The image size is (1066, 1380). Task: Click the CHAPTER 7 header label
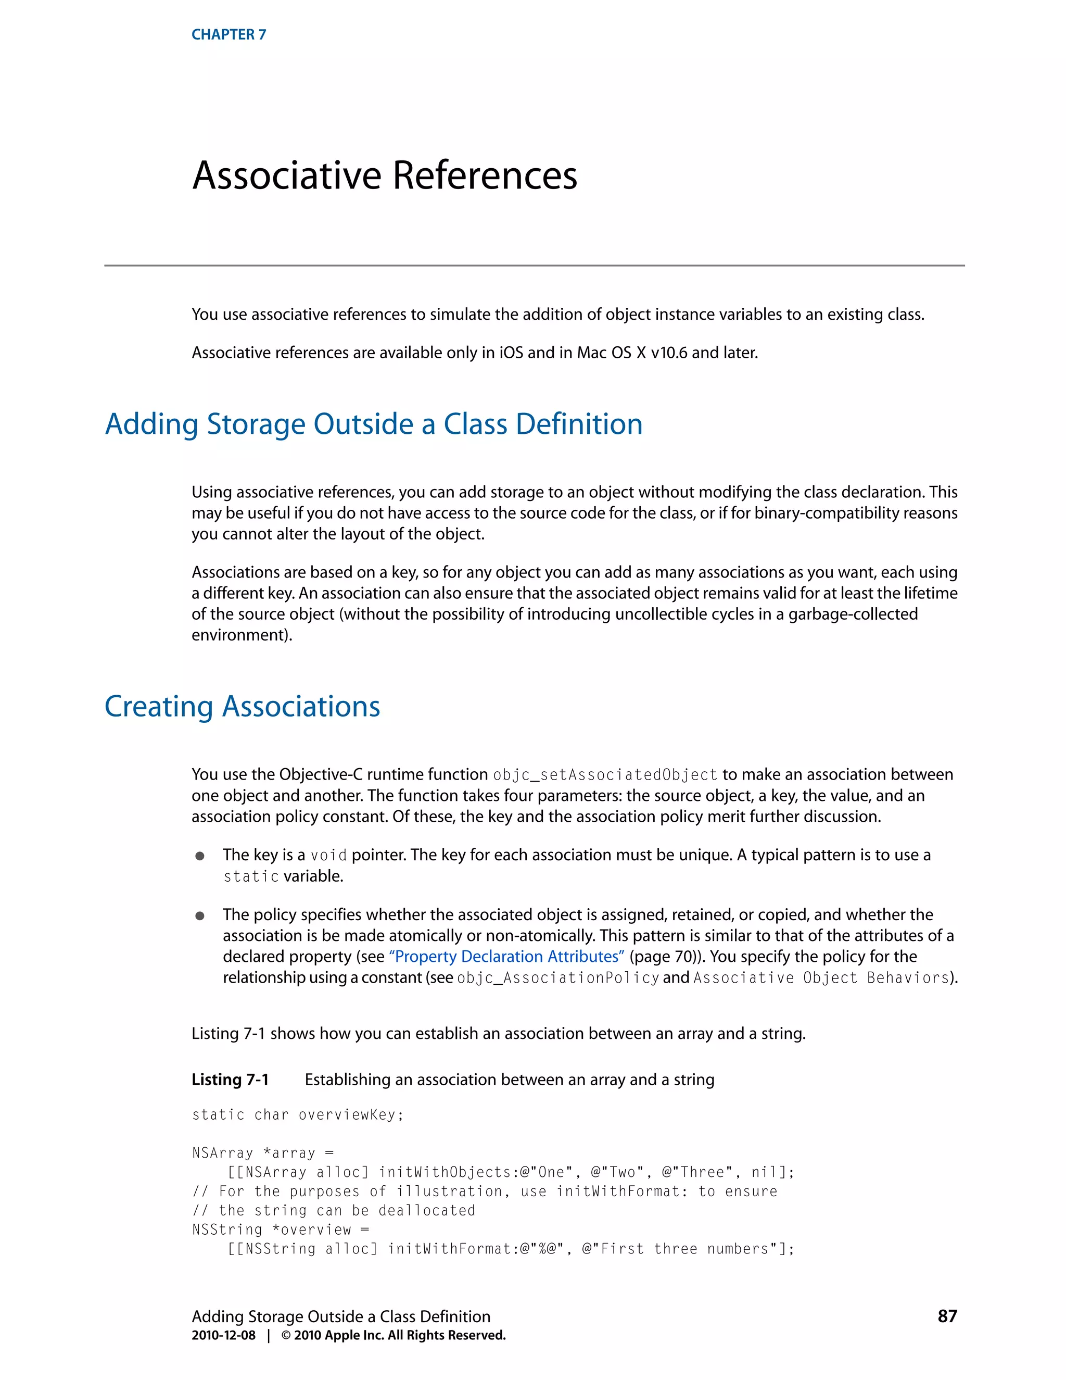point(229,35)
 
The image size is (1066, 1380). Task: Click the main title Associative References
point(385,175)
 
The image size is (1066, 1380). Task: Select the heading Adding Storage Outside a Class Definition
point(373,424)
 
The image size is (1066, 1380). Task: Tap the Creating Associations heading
point(242,707)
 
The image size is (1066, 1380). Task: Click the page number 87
point(947,1316)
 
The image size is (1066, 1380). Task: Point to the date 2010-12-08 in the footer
point(223,1335)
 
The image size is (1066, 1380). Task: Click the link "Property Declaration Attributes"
point(506,957)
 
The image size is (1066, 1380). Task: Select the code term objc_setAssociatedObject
point(605,775)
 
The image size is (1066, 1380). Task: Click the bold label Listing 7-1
point(230,1080)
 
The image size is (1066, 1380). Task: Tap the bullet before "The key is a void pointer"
point(199,856)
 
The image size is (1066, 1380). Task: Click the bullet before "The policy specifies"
point(199,915)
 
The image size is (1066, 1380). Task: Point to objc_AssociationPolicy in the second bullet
point(557,978)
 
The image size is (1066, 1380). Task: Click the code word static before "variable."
point(251,877)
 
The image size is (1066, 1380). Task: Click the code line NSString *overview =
point(281,1230)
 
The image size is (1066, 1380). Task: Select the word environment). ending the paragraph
point(242,635)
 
